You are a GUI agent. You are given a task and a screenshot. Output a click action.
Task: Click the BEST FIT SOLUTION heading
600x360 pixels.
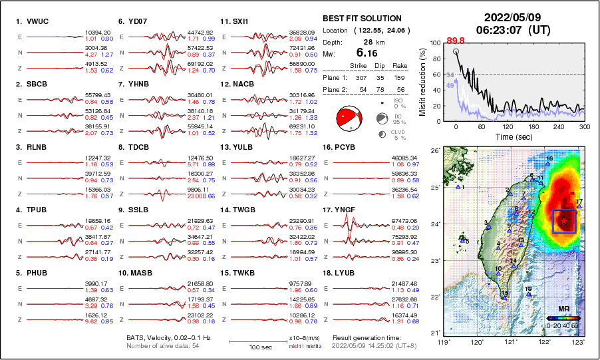pyautogui.click(x=361, y=19)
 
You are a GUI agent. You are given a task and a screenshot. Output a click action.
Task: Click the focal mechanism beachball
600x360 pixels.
pyautogui.click(x=349, y=119)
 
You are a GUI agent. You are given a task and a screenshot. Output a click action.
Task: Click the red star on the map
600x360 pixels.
pyautogui.click(x=564, y=220)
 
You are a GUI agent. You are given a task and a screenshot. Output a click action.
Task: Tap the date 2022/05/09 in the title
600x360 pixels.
pyautogui.click(x=511, y=17)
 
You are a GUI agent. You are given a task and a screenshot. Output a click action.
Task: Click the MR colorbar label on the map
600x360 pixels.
pyautogui.click(x=563, y=309)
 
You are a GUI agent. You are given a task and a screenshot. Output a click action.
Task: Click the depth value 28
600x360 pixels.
pyautogui.click(x=367, y=41)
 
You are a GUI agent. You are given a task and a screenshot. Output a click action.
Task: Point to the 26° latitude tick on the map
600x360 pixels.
pyautogui.click(x=434, y=151)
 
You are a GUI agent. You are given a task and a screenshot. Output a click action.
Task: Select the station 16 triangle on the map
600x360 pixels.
pyautogui.click(x=547, y=162)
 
